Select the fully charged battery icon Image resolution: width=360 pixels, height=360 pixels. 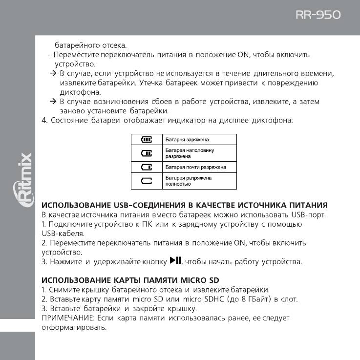coord(147,140)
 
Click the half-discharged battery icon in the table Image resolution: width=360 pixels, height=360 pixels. coord(147,153)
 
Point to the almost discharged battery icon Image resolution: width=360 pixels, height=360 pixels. coord(147,167)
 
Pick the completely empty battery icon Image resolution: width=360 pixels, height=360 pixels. coord(147,181)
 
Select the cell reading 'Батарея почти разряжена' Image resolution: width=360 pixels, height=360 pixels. coord(195,167)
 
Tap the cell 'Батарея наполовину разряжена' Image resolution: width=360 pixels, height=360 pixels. coord(190,153)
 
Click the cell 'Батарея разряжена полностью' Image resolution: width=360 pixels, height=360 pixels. coord(189,181)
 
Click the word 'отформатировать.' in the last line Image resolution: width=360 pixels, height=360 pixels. coord(74,327)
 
